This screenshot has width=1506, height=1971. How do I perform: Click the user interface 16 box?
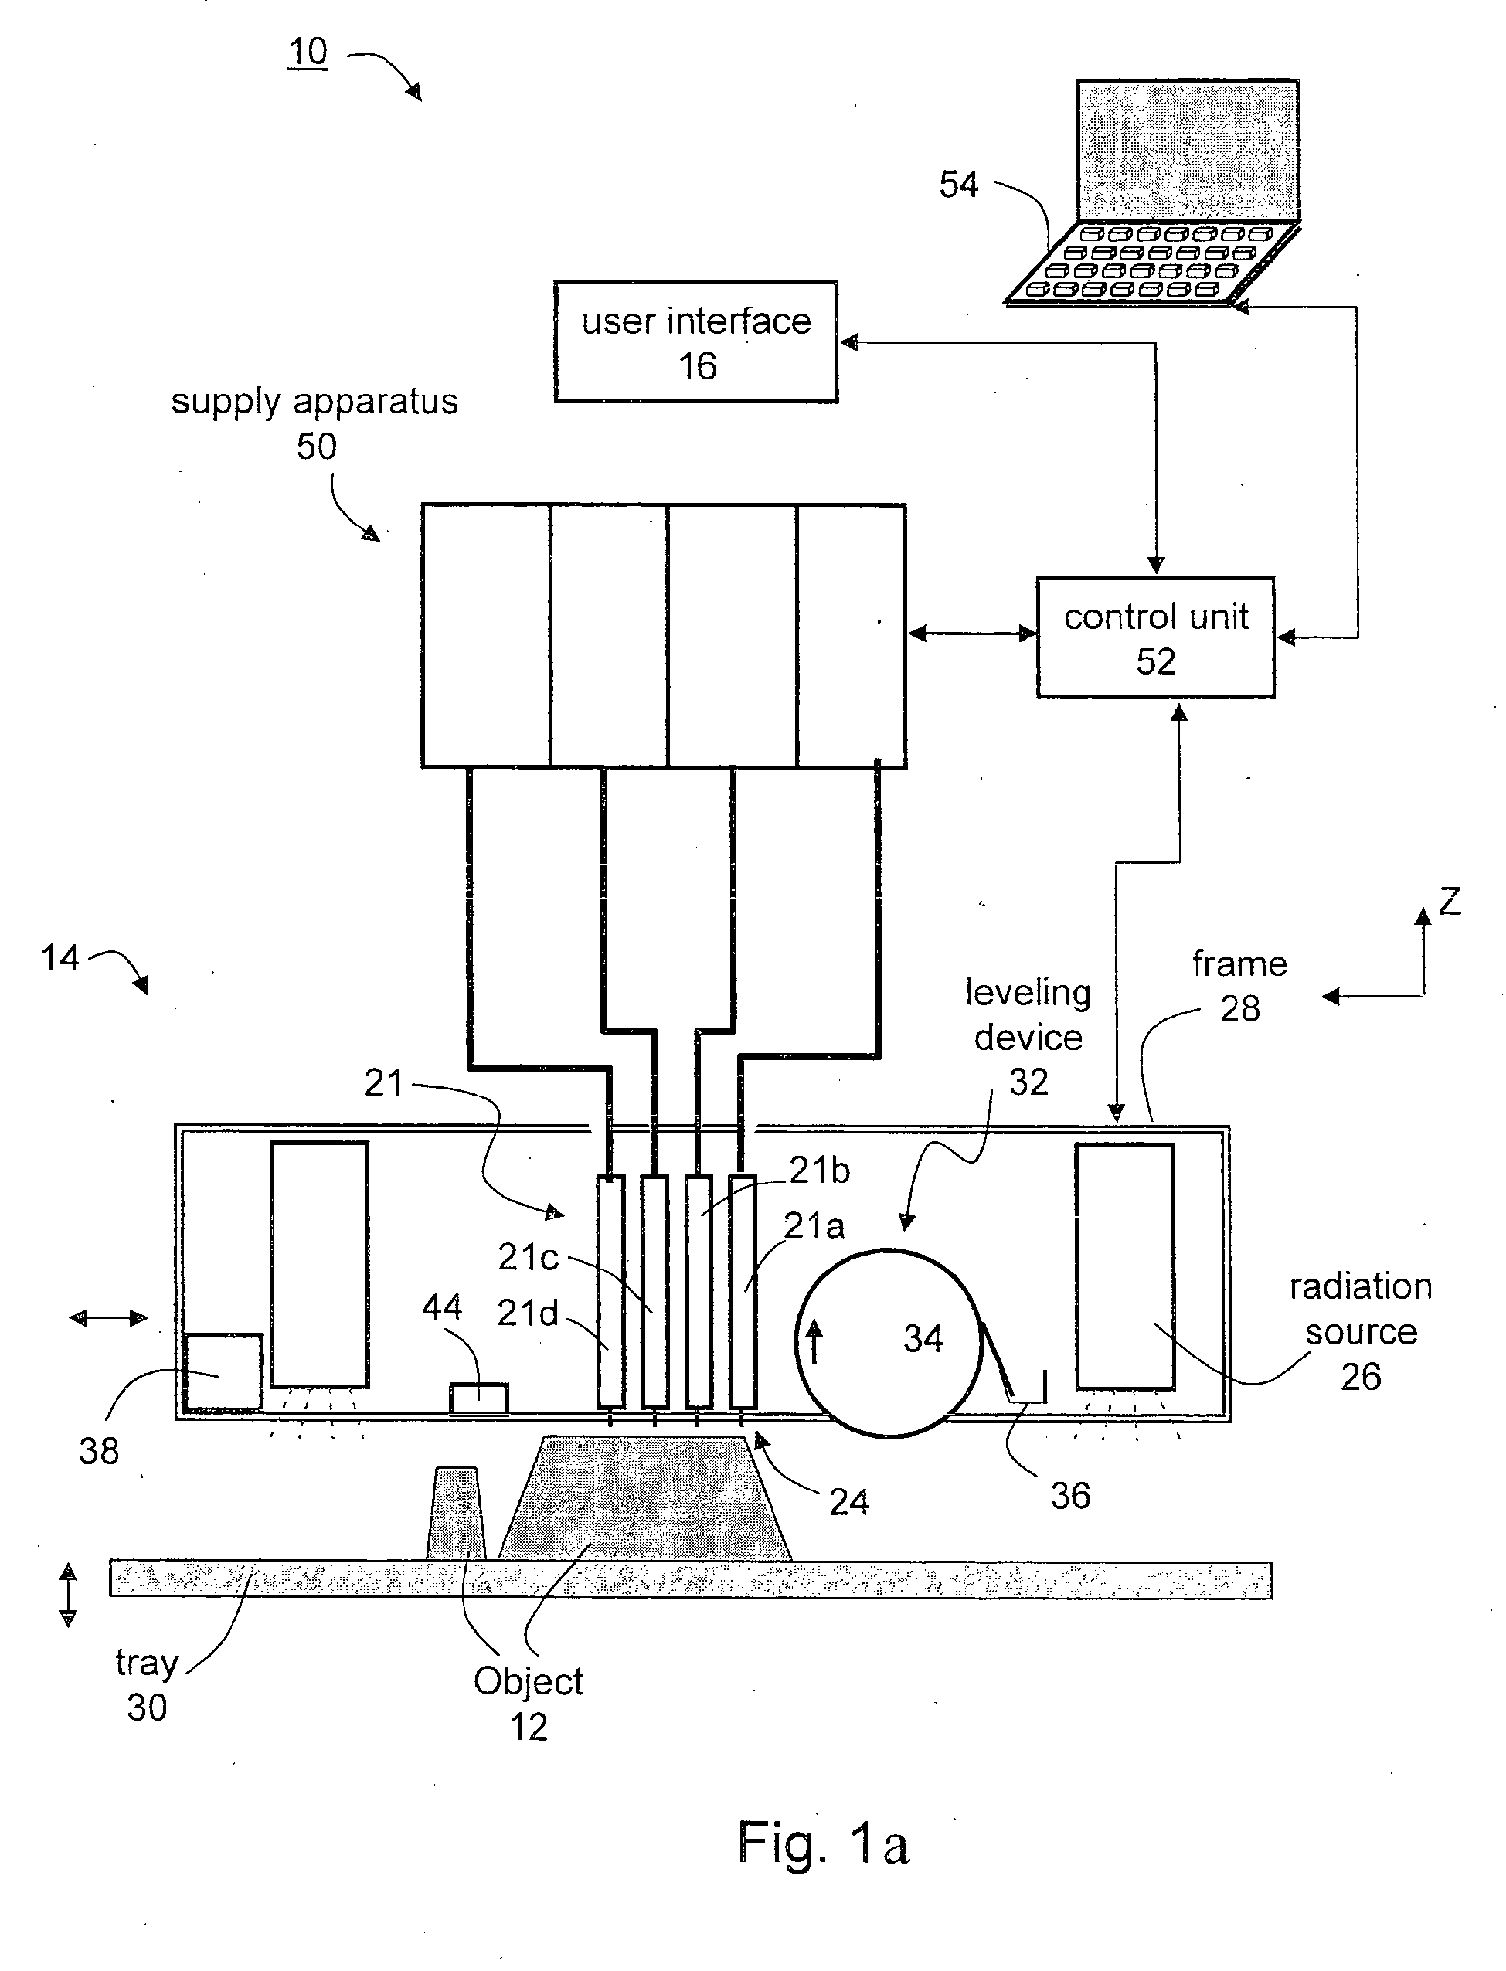click(695, 342)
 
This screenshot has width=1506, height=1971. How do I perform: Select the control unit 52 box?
click(1154, 637)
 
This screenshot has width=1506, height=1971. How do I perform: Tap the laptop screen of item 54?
click(1188, 150)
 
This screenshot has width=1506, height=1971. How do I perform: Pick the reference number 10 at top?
click(308, 52)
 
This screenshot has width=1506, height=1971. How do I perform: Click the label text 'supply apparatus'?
click(314, 402)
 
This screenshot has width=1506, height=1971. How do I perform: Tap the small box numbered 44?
click(479, 1398)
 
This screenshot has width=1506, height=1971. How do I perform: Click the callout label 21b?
click(818, 1171)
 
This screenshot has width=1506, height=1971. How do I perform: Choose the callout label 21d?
click(527, 1313)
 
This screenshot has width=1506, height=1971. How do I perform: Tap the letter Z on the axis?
click(1450, 901)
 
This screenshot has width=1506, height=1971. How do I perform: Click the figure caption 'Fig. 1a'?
click(822, 1844)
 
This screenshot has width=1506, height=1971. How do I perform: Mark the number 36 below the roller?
click(1070, 1495)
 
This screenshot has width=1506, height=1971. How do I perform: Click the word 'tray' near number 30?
click(147, 1663)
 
